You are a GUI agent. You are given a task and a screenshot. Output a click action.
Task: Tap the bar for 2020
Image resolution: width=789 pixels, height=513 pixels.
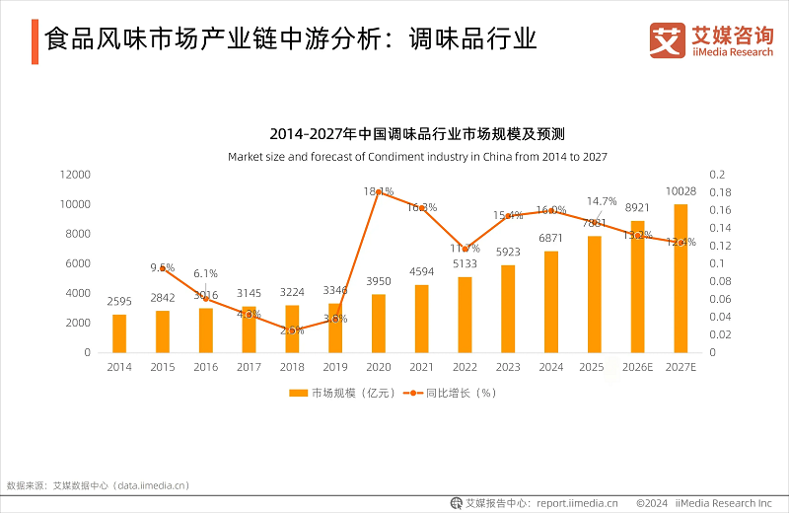tap(379, 324)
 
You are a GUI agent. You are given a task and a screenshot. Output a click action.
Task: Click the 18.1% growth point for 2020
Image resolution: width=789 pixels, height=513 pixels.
tap(379, 191)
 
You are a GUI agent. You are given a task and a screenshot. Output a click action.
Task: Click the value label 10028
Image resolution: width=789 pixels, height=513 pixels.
tap(681, 191)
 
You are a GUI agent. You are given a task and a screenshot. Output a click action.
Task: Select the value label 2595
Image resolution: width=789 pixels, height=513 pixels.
tap(119, 302)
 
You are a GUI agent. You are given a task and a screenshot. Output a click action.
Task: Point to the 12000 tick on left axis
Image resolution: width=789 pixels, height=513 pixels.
tap(75, 175)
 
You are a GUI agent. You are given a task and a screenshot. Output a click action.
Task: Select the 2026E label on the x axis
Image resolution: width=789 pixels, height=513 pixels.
tap(637, 366)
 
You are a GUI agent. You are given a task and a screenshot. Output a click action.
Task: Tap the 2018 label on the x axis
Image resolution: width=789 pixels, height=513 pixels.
tap(292, 366)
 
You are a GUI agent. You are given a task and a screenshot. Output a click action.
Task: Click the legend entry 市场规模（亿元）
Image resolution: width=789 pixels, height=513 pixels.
tap(342, 393)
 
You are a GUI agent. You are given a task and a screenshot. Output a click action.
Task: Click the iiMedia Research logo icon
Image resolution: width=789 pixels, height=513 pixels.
tap(668, 40)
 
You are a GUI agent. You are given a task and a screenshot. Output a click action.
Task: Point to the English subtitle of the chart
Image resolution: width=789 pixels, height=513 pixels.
tap(417, 157)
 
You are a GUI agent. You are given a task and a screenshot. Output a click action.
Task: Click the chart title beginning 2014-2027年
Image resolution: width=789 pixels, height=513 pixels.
tap(417, 134)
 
